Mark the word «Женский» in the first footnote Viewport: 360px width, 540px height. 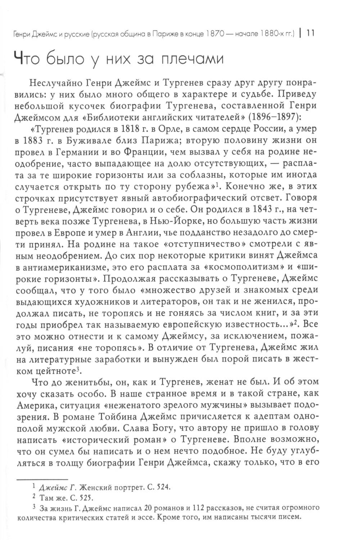point(93,487)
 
